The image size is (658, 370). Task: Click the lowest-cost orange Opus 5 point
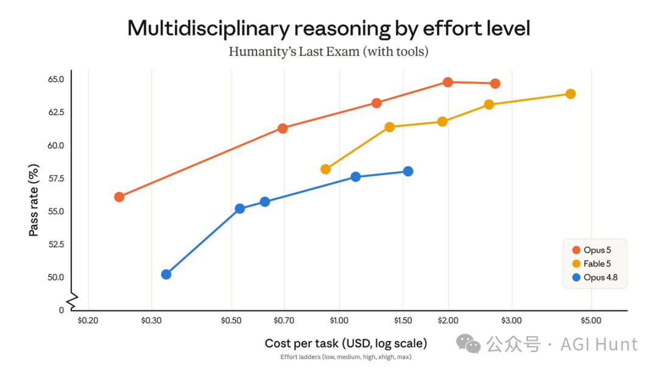119,197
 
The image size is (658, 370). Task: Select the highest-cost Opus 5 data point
495,84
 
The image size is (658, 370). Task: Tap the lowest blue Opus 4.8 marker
166,274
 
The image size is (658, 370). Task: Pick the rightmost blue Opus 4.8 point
408,172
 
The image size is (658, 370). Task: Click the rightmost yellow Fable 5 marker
570,94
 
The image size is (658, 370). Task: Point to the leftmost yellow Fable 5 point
325,169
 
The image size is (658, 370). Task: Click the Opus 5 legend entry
592,250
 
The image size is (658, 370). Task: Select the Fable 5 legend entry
592,264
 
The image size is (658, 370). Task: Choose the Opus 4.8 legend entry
595,277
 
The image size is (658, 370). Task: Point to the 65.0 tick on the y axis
56,79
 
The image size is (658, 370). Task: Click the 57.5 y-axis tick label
56,178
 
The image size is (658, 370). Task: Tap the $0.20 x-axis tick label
88,321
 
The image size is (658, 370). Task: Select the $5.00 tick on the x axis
591,321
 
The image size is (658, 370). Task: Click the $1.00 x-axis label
339,321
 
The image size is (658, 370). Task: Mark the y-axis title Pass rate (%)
34,200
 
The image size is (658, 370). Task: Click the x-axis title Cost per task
302,344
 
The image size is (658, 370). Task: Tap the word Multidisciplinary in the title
208,29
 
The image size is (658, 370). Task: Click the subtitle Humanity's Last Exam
294,52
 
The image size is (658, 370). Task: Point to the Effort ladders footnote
346,357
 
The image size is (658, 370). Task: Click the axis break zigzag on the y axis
72,301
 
